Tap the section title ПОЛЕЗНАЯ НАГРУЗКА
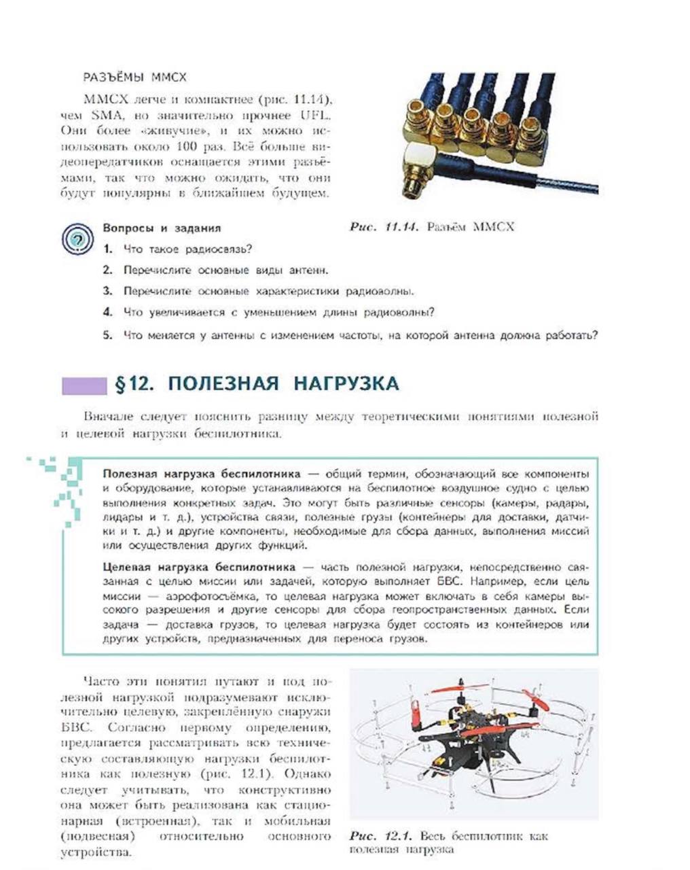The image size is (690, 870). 283,384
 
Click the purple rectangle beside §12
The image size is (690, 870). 84,385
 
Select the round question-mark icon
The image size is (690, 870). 77,239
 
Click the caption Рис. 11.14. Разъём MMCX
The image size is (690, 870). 432,226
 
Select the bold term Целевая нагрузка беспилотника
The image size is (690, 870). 199,566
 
